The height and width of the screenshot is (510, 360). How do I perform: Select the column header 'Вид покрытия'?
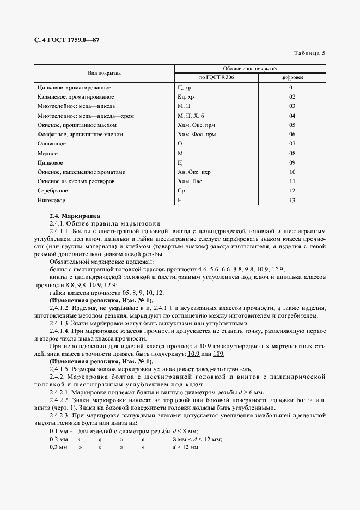click(x=104, y=73)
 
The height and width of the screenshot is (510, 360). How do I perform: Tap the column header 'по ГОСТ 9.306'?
click(x=216, y=77)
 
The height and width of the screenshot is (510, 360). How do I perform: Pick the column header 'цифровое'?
click(x=292, y=77)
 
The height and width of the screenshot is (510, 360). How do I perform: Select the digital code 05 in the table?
click(x=292, y=125)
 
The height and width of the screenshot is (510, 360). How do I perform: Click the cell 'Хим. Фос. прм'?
click(x=197, y=134)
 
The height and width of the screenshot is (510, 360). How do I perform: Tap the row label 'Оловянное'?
click(x=52, y=143)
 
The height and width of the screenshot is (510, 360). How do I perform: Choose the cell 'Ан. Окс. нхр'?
click(x=194, y=172)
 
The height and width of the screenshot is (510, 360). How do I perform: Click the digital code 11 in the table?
click(x=292, y=181)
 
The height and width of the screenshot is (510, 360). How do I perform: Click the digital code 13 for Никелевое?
click(x=292, y=200)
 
